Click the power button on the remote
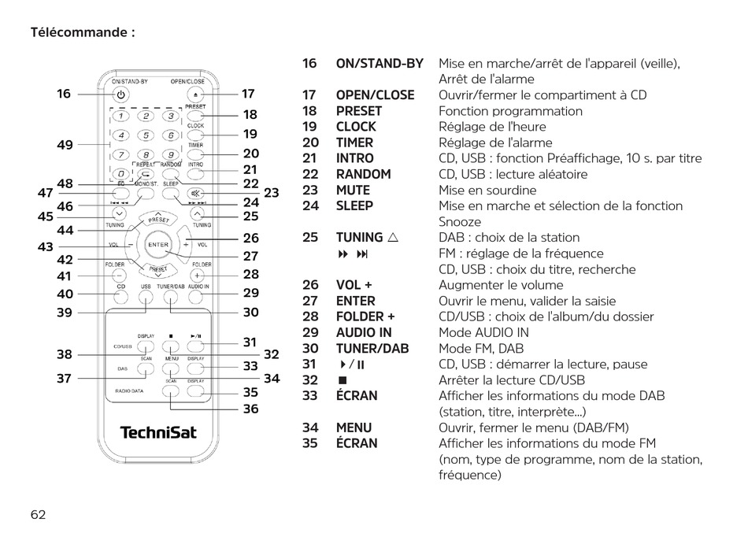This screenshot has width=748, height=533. [x=120, y=94]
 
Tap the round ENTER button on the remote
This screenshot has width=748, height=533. [x=158, y=245]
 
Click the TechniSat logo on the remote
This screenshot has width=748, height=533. [x=158, y=432]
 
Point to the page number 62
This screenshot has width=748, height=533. [x=39, y=514]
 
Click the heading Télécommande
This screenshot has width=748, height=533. [x=83, y=33]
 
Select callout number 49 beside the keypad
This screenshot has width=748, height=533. [x=65, y=145]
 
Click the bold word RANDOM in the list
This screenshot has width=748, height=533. [x=363, y=174]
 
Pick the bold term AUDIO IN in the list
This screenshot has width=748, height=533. [x=364, y=332]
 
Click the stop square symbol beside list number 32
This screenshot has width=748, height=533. [x=343, y=380]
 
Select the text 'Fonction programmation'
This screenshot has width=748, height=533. [x=510, y=111]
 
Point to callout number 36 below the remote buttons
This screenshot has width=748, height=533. [x=250, y=409]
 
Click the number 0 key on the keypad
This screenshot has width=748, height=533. [x=120, y=174]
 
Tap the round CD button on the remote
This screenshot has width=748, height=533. [x=121, y=298]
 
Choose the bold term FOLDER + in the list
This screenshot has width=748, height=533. [x=365, y=316]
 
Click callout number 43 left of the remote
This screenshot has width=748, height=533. [x=46, y=246]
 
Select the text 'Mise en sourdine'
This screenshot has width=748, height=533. [x=487, y=190]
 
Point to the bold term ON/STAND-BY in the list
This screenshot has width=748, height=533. [x=380, y=63]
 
